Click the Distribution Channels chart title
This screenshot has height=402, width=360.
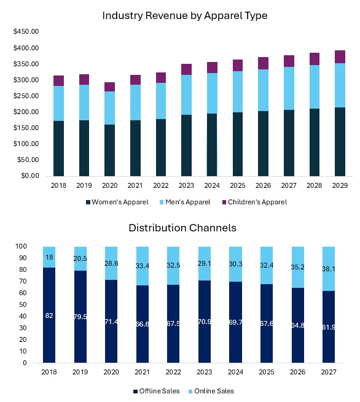(182, 228)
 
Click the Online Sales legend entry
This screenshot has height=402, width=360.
(211, 391)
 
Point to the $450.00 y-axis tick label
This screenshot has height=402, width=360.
(25, 31)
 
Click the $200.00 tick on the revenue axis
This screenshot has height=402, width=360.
(25, 112)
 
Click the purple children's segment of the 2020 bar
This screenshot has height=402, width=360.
(109, 87)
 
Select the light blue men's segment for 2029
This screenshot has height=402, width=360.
(340, 85)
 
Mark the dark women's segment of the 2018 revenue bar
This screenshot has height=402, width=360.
(59, 147)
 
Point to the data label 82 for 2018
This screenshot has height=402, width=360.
(49, 315)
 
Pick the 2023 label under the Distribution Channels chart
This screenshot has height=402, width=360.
(205, 373)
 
